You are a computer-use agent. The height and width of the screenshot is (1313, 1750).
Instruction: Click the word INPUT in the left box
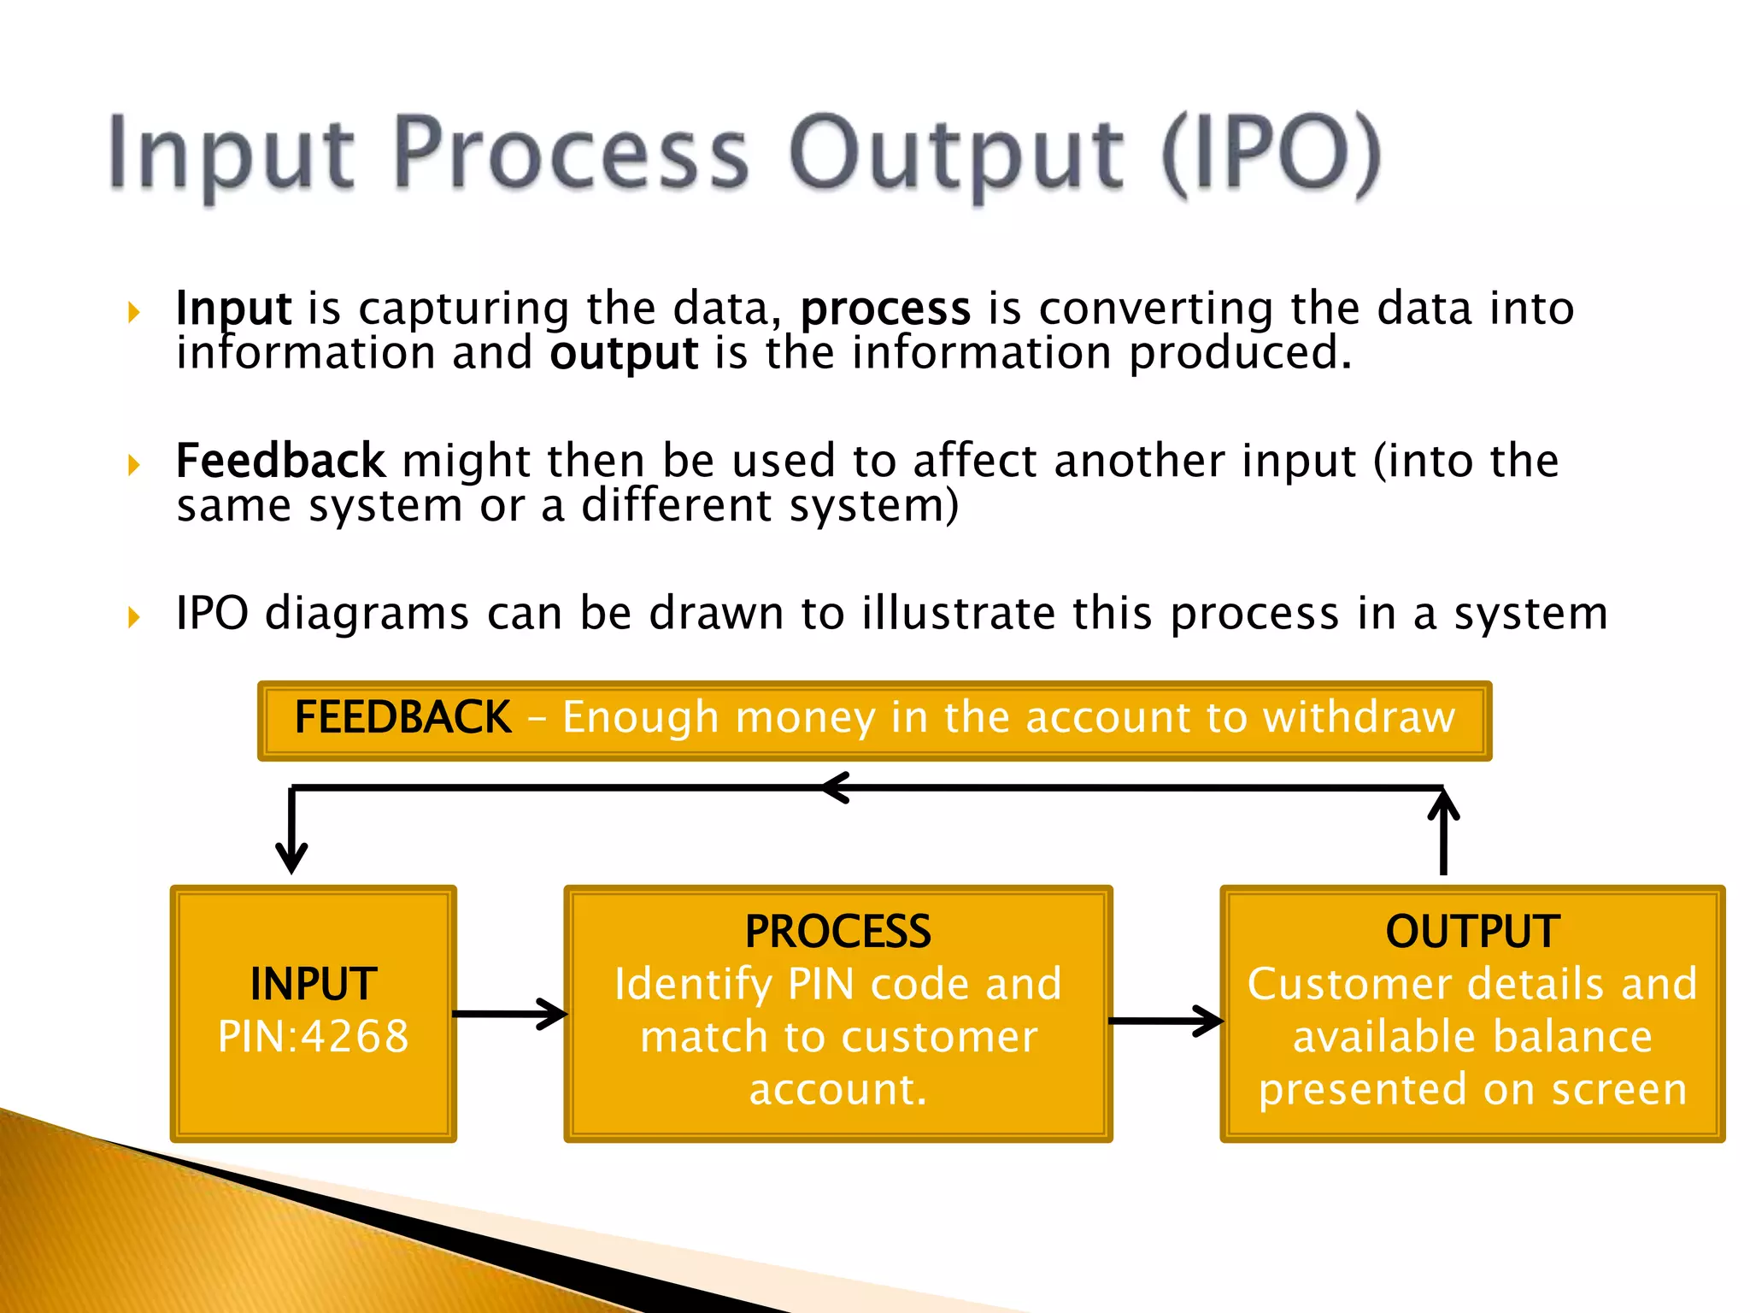pyautogui.click(x=314, y=984)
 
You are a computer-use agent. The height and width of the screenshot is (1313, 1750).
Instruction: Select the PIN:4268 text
pyautogui.click(x=314, y=1037)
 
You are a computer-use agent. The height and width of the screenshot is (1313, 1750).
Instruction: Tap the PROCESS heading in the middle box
pyautogui.click(x=837, y=932)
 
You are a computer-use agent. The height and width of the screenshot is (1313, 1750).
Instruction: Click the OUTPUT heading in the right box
pyautogui.click(x=1472, y=932)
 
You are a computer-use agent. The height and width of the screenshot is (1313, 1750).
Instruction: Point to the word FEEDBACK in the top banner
pyautogui.click(x=402, y=717)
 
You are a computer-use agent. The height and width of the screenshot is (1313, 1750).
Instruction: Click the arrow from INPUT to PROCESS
pyautogui.click(x=510, y=1015)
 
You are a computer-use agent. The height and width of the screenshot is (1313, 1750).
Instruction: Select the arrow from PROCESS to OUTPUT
pyautogui.click(x=1166, y=1021)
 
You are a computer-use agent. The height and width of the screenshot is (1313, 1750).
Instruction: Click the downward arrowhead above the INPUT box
pyautogui.click(x=291, y=855)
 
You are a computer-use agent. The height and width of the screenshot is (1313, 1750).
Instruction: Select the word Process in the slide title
pyautogui.click(x=571, y=154)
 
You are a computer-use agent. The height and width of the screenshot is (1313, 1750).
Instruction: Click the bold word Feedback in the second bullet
pyautogui.click(x=280, y=462)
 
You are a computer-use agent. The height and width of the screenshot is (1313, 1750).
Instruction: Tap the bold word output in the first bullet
pyautogui.click(x=624, y=354)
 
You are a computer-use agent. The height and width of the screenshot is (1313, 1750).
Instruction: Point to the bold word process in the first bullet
pyautogui.click(x=885, y=309)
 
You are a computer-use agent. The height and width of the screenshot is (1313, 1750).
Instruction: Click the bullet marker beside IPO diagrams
pyautogui.click(x=133, y=616)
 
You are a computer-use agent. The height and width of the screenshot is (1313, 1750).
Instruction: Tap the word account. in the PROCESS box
pyautogui.click(x=837, y=1089)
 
